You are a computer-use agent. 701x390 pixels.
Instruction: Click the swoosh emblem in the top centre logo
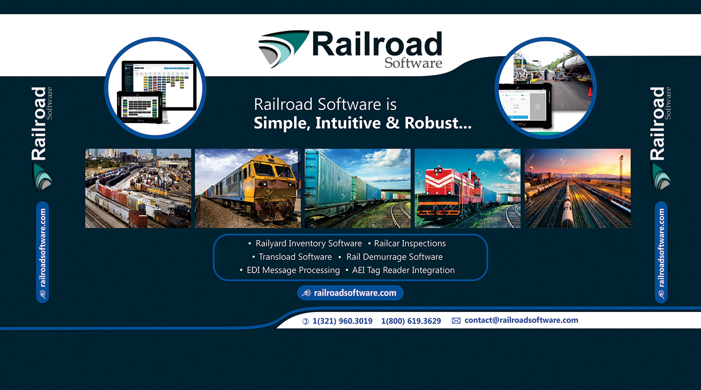click(283, 48)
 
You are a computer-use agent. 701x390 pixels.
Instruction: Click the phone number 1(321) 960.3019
click(342, 321)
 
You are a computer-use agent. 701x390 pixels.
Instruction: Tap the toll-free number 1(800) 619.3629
click(411, 321)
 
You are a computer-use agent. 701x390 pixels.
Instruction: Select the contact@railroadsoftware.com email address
click(521, 320)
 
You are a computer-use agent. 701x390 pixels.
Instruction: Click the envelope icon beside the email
click(456, 320)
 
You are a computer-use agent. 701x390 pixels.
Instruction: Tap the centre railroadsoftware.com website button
click(350, 293)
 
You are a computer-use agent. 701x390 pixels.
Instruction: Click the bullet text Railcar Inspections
click(410, 243)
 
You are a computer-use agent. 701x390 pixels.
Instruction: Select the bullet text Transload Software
click(295, 257)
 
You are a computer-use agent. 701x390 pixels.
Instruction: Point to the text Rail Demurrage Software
click(394, 257)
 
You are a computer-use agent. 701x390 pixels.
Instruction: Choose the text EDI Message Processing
click(293, 270)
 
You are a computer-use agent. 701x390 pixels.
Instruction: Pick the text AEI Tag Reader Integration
click(403, 270)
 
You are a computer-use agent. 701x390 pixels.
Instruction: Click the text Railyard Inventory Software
click(308, 243)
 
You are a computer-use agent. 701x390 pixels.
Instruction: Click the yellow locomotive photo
click(248, 188)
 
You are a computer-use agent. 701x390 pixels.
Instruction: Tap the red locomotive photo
click(467, 188)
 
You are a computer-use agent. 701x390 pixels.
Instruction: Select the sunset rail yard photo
click(578, 188)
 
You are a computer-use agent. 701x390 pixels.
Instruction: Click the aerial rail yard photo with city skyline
click(138, 188)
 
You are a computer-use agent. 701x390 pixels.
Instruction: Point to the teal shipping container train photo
click(358, 188)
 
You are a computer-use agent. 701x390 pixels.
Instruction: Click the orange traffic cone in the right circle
click(590, 91)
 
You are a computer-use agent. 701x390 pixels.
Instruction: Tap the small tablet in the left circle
click(140, 108)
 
